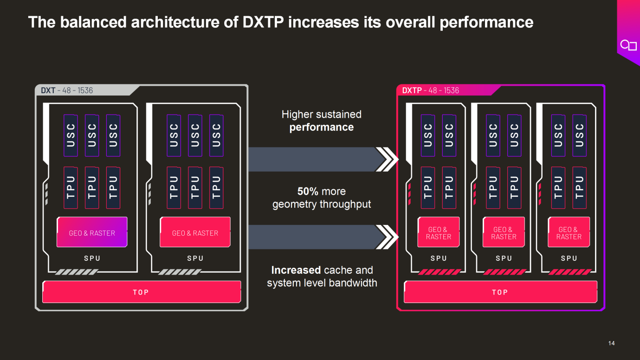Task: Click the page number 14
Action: click(x=611, y=343)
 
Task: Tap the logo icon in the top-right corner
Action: click(x=628, y=45)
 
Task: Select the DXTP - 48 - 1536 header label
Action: click(x=430, y=90)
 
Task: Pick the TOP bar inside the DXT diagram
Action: click(x=141, y=292)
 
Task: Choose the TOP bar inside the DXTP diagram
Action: click(x=500, y=292)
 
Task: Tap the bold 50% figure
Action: click(x=308, y=192)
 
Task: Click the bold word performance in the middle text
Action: click(x=322, y=127)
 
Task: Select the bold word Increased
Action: click(x=296, y=270)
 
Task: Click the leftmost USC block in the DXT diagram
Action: click(x=71, y=135)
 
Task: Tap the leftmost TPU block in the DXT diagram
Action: click(x=71, y=187)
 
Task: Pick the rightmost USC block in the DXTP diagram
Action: click(x=579, y=135)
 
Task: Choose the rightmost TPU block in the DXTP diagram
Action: click(x=579, y=187)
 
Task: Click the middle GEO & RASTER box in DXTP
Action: click(x=504, y=233)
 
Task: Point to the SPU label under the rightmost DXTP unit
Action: click(x=569, y=258)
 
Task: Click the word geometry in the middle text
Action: click(x=296, y=204)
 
